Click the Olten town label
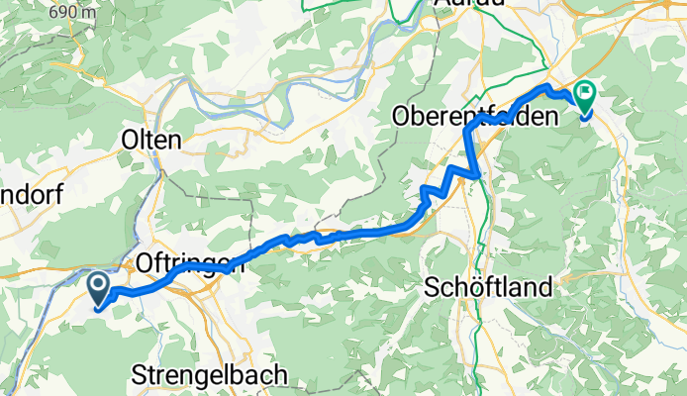150,140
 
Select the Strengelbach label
210,376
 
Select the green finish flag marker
584,96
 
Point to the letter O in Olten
128,140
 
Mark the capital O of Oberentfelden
402,116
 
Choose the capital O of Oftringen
142,264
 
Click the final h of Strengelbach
280,376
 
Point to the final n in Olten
174,140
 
